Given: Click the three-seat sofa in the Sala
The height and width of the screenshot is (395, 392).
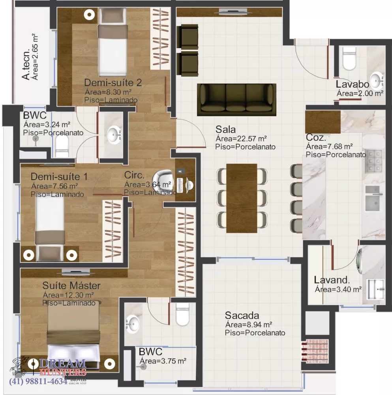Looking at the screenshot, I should click(x=236, y=99).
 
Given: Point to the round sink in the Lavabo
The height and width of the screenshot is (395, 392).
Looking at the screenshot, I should click(x=377, y=79).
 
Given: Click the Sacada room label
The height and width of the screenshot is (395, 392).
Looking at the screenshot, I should click(x=242, y=315).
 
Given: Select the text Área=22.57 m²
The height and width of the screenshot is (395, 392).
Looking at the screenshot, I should click(x=241, y=138).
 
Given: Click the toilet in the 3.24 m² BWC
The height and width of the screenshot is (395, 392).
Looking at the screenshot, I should click(x=62, y=149).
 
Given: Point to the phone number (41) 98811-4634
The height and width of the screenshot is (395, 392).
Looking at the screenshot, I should click(x=38, y=382).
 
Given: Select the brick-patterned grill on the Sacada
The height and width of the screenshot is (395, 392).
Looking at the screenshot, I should click(x=315, y=349).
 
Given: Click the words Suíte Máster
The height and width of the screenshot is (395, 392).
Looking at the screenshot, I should click(x=71, y=285).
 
